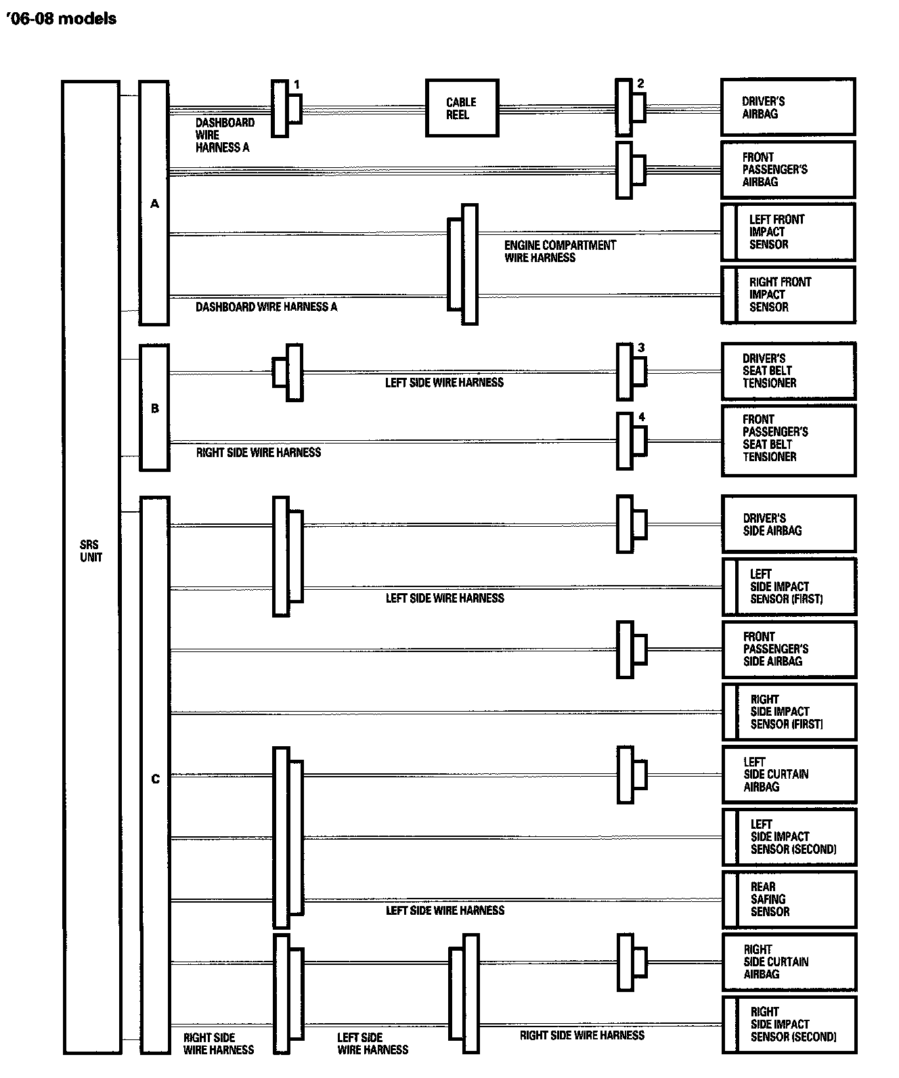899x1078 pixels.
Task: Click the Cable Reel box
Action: point(462,108)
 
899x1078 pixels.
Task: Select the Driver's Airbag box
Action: point(788,107)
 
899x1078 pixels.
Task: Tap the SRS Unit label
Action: point(91,551)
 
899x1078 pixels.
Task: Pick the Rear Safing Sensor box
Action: point(789,899)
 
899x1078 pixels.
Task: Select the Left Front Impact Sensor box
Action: point(789,232)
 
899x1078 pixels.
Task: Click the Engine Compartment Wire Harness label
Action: point(560,251)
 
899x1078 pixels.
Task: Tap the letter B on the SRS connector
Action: point(154,408)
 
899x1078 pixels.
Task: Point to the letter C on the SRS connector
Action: point(155,779)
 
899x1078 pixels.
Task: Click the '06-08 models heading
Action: point(60,19)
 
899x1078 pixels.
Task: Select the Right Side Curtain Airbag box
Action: point(789,962)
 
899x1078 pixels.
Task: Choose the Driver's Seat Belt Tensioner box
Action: point(789,371)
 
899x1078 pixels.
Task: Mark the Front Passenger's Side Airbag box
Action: point(789,649)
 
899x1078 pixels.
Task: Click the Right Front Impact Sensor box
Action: point(789,295)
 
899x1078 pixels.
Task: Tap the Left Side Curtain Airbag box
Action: point(789,774)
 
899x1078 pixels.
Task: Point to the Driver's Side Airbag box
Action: point(789,524)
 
